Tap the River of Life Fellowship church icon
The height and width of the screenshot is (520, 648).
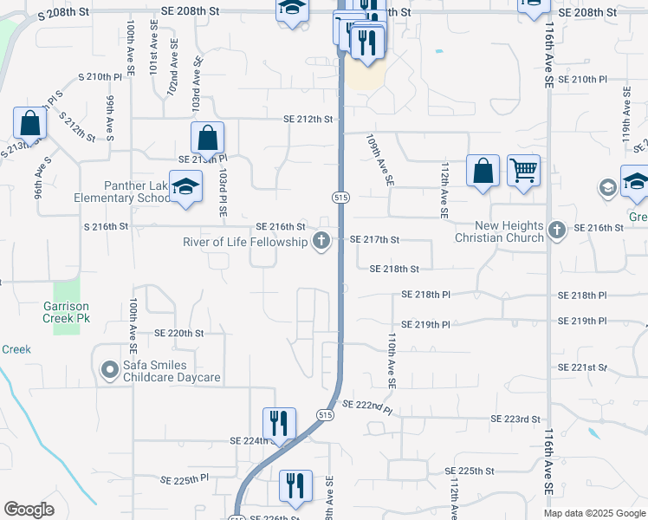pyautogui.click(x=321, y=241)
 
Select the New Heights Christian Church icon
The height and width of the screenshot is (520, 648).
pyautogui.click(x=556, y=231)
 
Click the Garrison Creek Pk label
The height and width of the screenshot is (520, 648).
pyautogui.click(x=66, y=312)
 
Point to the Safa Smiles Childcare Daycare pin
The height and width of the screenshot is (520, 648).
pyautogui.click(x=109, y=371)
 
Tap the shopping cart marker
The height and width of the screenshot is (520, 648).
pyautogui.click(x=523, y=170)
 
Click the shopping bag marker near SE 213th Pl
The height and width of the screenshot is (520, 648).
pyautogui.click(x=208, y=138)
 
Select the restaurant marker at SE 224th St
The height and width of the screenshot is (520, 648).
pyautogui.click(x=279, y=424)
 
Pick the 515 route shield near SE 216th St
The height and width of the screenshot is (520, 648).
pyautogui.click(x=341, y=198)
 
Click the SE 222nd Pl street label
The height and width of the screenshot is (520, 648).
pyautogui.click(x=366, y=405)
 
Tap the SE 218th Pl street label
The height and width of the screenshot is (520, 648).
pyautogui.click(x=426, y=296)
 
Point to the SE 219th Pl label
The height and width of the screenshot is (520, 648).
pyautogui.click(x=426, y=324)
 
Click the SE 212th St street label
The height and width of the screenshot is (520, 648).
pyautogui.click(x=310, y=120)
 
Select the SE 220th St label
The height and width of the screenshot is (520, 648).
pyautogui.click(x=178, y=333)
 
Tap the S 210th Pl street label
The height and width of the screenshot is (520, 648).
pyautogui.click(x=100, y=77)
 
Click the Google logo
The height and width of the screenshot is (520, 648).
pyautogui.click(x=29, y=510)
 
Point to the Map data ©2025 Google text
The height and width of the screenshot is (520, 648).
pyautogui.click(x=593, y=513)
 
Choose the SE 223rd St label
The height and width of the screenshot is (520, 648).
pyautogui.click(x=515, y=419)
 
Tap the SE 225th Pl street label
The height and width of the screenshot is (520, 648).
pyautogui.click(x=185, y=478)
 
